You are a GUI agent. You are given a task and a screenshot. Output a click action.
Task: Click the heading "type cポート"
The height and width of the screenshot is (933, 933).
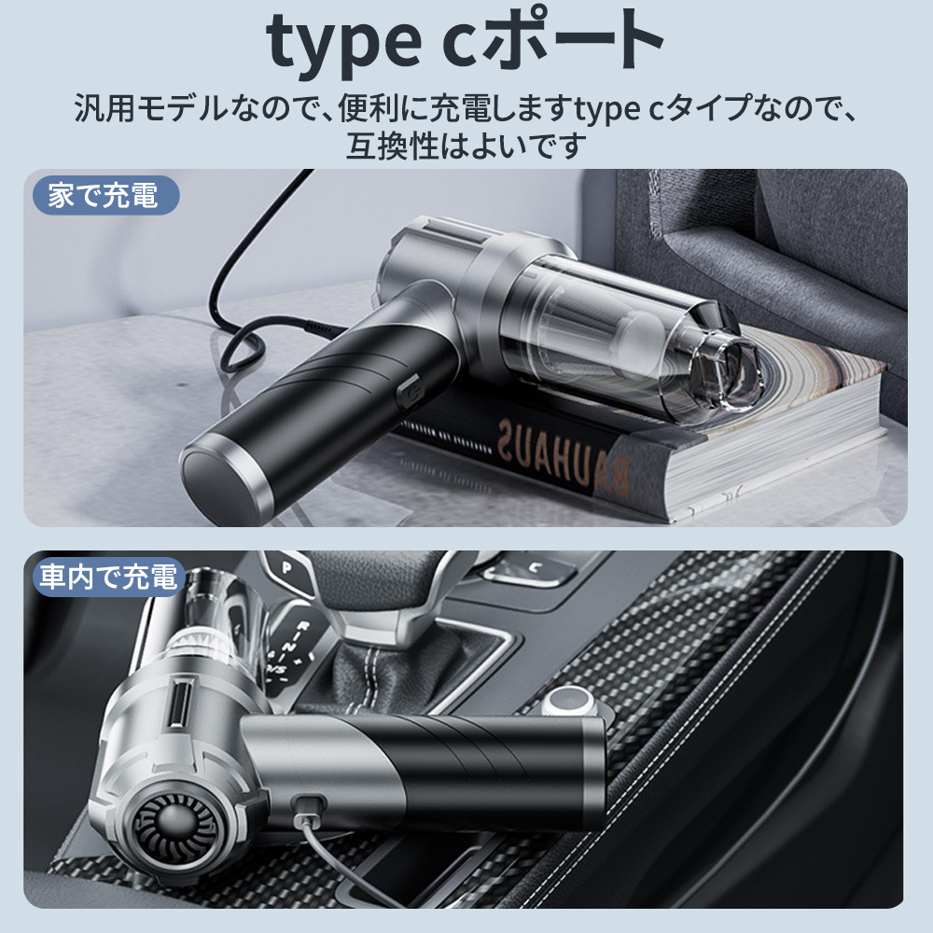point(465,43)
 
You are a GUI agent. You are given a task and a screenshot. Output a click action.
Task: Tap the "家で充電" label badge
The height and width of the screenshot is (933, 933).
point(106,195)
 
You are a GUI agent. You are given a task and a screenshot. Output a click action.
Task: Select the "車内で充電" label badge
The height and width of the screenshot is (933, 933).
point(108,577)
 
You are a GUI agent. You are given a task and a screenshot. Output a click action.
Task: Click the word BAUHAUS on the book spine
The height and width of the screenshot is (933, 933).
point(563,457)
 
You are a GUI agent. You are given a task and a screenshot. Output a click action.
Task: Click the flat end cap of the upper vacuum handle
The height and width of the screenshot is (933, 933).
point(218,482)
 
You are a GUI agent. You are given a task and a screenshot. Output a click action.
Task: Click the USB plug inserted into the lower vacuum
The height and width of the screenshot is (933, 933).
point(309,807)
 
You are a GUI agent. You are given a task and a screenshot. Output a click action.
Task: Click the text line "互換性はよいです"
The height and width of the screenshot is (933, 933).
point(466,146)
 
